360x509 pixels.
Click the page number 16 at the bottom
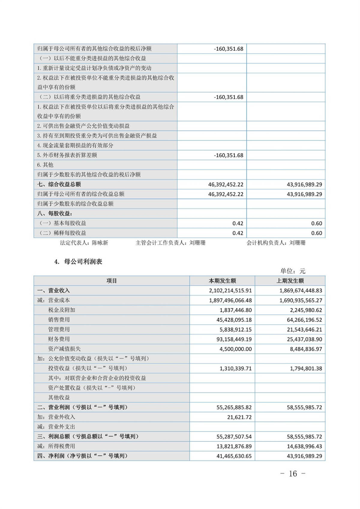293,474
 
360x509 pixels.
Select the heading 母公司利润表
83,262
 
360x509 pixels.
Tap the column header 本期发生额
222,281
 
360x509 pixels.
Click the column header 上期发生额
290,281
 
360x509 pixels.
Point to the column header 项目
112,281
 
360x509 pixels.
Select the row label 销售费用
59,320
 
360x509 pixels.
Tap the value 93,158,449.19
234,339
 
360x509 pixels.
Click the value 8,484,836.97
306,349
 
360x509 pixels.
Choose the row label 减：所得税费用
56,446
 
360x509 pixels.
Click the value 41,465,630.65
234,456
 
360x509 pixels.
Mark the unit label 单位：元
292,271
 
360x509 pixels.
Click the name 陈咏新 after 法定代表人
100,243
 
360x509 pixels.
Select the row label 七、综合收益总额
59,184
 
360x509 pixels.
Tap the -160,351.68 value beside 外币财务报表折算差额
229,155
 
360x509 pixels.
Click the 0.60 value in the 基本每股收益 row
316,223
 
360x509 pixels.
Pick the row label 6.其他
45,165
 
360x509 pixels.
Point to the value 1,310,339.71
235,369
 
